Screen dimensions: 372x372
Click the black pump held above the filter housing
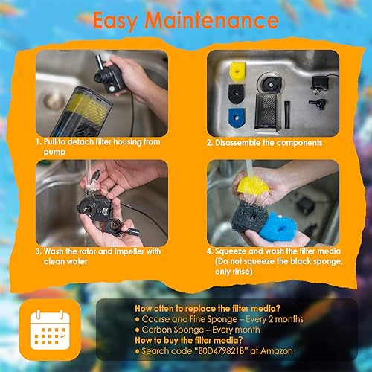coord(113,75)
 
